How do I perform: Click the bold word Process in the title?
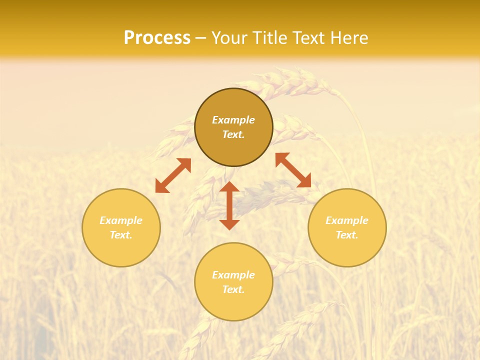click(157, 38)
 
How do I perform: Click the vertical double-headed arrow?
click(229, 206)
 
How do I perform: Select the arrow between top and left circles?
click(173, 175)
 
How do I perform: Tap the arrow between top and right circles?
click(293, 170)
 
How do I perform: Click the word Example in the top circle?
click(233, 120)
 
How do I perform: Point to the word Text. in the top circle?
click(233, 134)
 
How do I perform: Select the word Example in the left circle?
click(121, 220)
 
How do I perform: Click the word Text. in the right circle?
click(347, 235)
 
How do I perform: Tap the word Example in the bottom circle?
click(233, 275)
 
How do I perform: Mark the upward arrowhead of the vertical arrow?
click(229, 187)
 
